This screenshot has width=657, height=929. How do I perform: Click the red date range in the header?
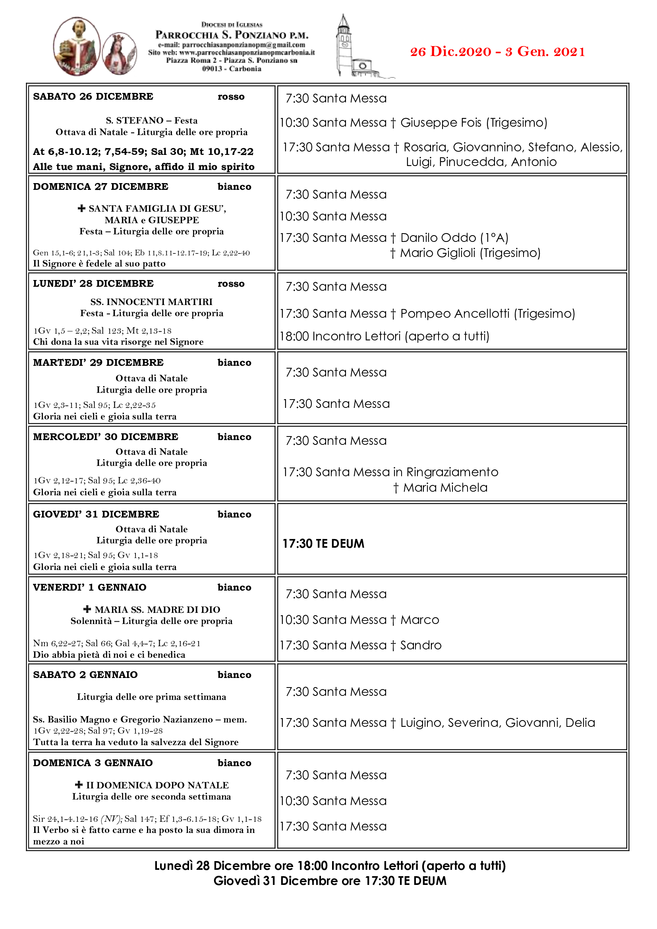point(497,52)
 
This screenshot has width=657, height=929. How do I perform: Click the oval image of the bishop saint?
point(77,46)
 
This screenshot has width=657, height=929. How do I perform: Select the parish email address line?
point(232,45)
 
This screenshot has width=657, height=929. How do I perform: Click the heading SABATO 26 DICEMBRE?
point(93,97)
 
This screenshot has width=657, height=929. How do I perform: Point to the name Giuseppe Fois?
point(441,123)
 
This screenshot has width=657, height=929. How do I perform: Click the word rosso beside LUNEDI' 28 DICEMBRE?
point(231,284)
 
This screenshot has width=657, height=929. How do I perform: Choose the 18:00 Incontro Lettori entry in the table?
point(385,336)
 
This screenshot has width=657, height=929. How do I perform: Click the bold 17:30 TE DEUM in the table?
point(323,544)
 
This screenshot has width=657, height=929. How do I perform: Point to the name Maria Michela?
point(445,488)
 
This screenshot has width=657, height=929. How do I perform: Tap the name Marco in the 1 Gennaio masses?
point(419,620)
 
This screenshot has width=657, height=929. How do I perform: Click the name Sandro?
point(421,645)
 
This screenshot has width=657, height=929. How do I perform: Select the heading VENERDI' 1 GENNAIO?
point(90,587)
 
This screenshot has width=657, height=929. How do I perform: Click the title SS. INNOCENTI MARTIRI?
point(151,302)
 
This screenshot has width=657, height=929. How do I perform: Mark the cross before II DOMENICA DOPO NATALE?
point(79,785)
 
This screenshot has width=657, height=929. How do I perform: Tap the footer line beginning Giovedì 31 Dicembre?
point(330,881)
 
